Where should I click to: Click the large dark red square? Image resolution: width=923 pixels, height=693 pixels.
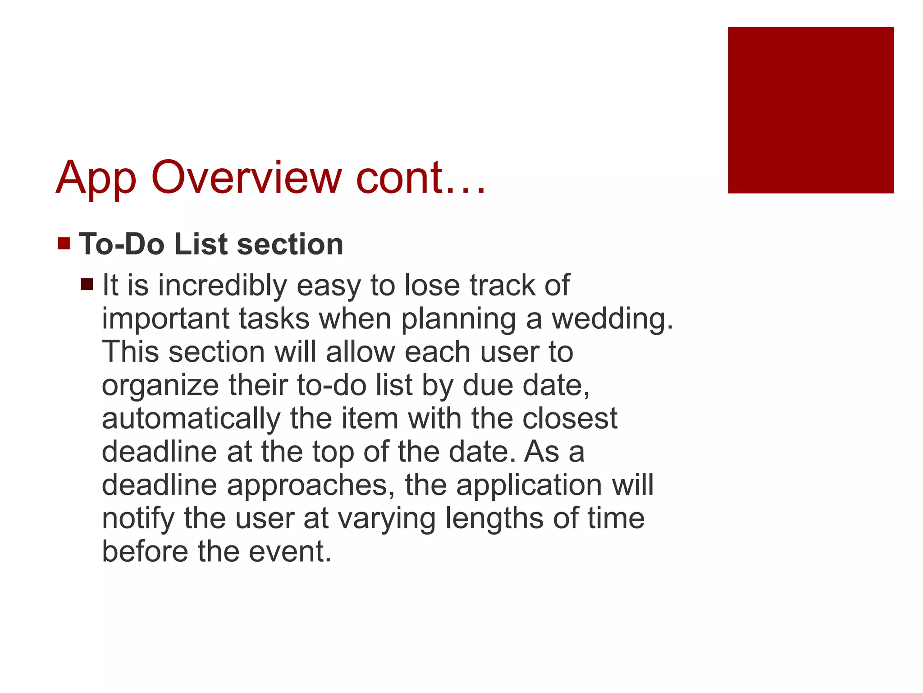(x=810, y=110)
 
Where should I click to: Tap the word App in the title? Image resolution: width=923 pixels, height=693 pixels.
(x=96, y=178)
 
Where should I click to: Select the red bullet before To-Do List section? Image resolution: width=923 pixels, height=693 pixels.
(x=64, y=244)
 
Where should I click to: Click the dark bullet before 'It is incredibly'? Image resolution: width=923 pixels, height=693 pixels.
(x=87, y=284)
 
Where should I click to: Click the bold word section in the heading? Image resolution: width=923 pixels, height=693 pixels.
(x=290, y=244)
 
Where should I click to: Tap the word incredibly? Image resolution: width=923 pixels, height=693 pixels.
(x=222, y=286)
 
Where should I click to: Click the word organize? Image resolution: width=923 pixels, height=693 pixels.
(x=160, y=386)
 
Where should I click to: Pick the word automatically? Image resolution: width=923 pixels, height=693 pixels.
(x=191, y=419)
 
